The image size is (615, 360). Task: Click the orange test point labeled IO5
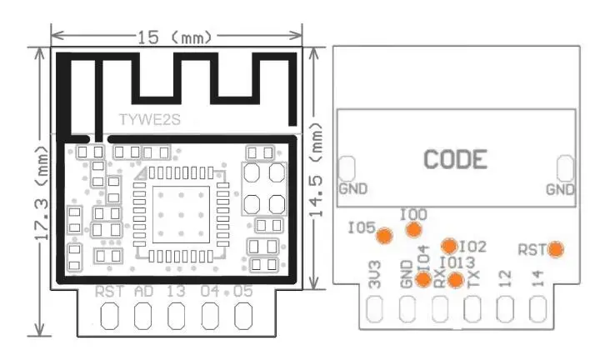384,235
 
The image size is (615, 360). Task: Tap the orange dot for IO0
412,230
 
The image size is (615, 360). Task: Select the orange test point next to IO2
449,246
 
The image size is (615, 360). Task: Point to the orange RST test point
554,248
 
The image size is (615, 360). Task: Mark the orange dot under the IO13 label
454,279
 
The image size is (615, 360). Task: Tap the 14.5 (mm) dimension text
318,175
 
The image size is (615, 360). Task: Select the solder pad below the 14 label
537,309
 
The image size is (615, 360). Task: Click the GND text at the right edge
560,189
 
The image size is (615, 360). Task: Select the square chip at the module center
182,213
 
